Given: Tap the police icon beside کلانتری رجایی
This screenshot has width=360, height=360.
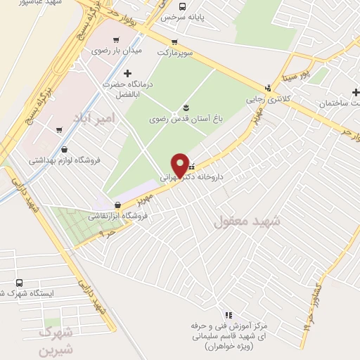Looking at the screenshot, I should [266, 89].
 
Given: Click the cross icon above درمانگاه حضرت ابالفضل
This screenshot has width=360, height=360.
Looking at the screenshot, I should [127, 72].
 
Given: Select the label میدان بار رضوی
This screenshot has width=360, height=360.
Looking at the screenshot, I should [117, 51].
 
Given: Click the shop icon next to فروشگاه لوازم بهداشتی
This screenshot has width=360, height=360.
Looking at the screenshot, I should [65, 149].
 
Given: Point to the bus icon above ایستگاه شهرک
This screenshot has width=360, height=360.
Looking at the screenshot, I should [19, 281].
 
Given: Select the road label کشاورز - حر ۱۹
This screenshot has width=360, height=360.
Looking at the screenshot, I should [309, 310].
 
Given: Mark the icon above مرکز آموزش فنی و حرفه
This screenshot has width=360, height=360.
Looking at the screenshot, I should [228, 315].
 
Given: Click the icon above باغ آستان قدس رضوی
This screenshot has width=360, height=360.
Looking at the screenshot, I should [186, 108].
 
